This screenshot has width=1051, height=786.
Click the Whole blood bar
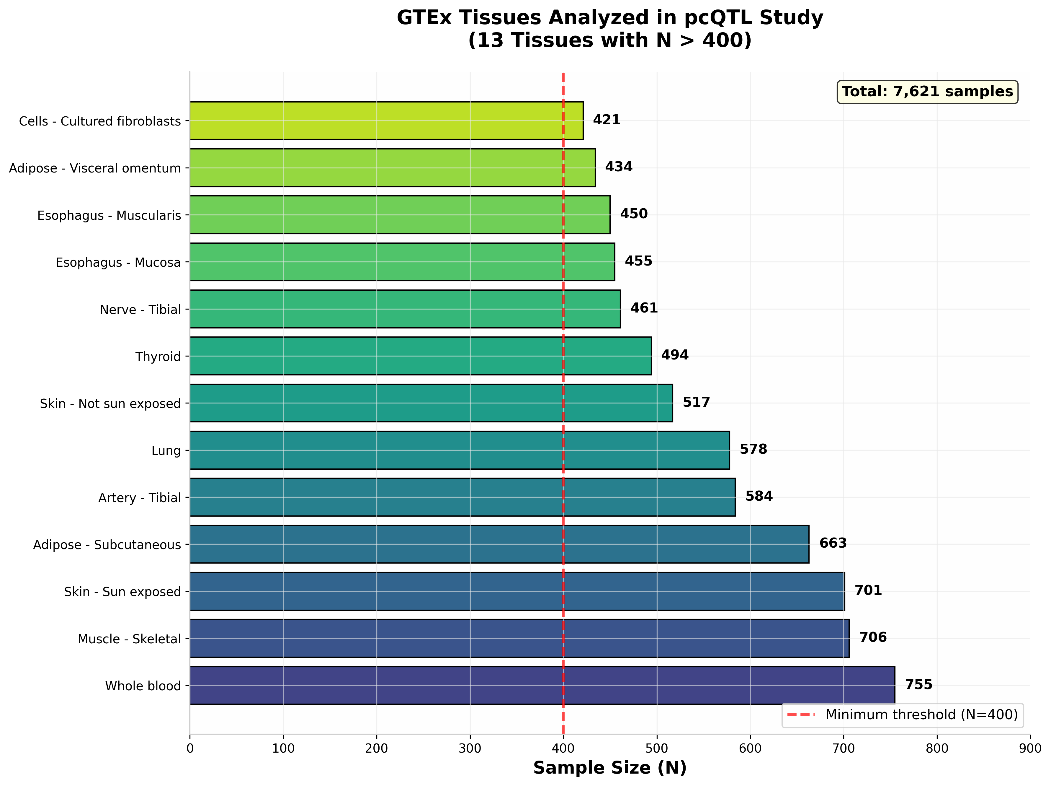(x=542, y=685)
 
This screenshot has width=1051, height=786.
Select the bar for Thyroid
(x=421, y=356)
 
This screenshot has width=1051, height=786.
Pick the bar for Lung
(x=460, y=450)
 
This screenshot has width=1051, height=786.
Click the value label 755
(x=918, y=685)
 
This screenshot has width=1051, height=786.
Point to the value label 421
(x=606, y=120)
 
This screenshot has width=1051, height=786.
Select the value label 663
(x=833, y=543)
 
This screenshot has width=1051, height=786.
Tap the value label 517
(x=696, y=402)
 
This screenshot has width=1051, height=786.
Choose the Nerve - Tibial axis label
(x=140, y=310)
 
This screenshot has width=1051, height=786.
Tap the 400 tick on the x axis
(x=563, y=748)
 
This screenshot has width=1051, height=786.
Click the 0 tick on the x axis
(x=190, y=748)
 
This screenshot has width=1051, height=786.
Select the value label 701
(x=868, y=590)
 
